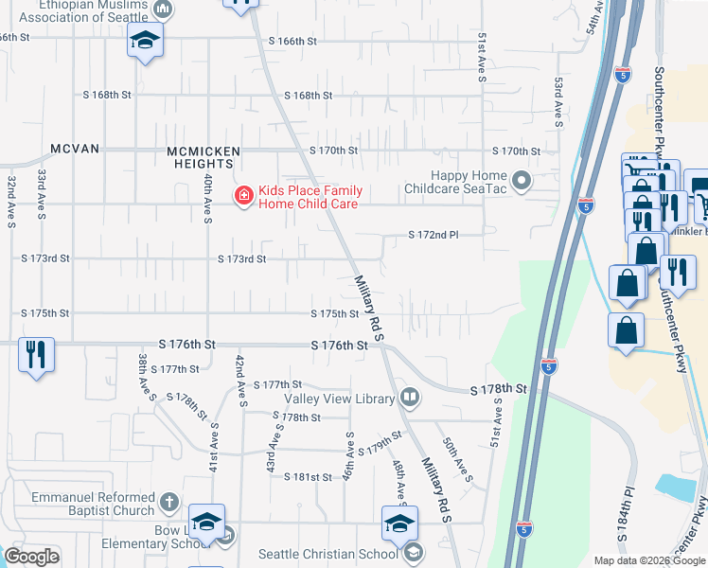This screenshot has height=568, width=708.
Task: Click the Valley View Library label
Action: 326,399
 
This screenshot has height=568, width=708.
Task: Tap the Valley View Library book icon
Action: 410,398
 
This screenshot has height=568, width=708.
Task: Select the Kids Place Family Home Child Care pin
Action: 243,196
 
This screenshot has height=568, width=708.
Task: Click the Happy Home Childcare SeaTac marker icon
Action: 522,179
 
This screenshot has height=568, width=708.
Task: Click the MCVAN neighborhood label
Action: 75,150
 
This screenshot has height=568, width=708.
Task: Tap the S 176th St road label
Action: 339,346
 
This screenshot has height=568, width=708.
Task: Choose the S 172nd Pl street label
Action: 433,235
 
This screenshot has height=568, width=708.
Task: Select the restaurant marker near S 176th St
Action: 36,355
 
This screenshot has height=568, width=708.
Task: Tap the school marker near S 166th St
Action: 145,40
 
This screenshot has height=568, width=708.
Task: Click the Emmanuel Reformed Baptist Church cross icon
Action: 168,502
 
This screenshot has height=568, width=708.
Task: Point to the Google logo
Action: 32,557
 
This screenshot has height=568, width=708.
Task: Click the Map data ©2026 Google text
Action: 648,560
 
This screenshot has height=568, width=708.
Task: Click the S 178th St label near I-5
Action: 498,390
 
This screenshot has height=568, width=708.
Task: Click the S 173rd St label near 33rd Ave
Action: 46,257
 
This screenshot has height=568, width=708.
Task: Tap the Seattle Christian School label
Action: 328,554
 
